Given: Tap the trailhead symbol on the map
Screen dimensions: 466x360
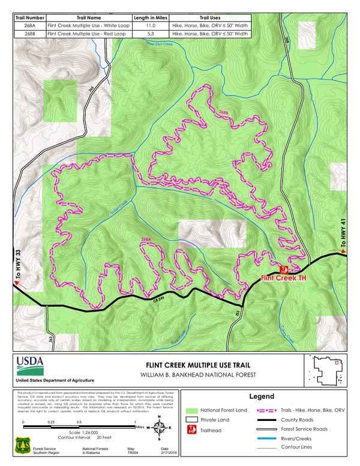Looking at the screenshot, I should (x=284, y=269).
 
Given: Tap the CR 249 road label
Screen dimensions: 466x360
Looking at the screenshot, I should (x=158, y=300).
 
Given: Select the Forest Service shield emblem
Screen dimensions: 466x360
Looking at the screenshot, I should (x=22, y=449).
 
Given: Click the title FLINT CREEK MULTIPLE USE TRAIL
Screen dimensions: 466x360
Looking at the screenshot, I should (x=199, y=365).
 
